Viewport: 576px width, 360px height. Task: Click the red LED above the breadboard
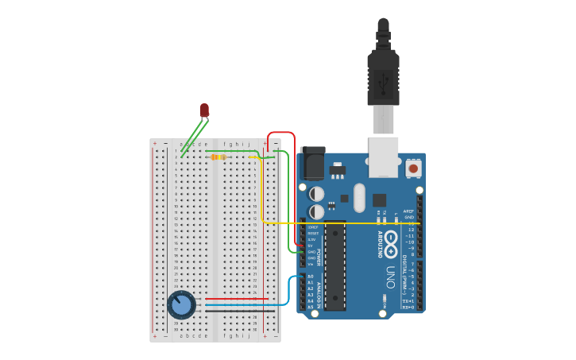(x=204, y=110)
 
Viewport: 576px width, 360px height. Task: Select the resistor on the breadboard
(x=218, y=157)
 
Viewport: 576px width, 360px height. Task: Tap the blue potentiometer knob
(x=181, y=304)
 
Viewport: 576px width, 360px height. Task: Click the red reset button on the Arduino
(x=413, y=168)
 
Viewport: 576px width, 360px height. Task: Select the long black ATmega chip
(x=335, y=265)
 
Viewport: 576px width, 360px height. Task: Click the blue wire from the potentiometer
(x=238, y=304)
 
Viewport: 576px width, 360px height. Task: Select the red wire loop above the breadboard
(x=281, y=133)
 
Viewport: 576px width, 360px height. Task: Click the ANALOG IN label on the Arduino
(x=320, y=295)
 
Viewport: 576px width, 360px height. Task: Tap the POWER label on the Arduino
(x=320, y=257)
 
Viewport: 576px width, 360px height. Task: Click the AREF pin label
(x=408, y=211)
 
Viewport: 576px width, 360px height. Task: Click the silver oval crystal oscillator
(x=358, y=197)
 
